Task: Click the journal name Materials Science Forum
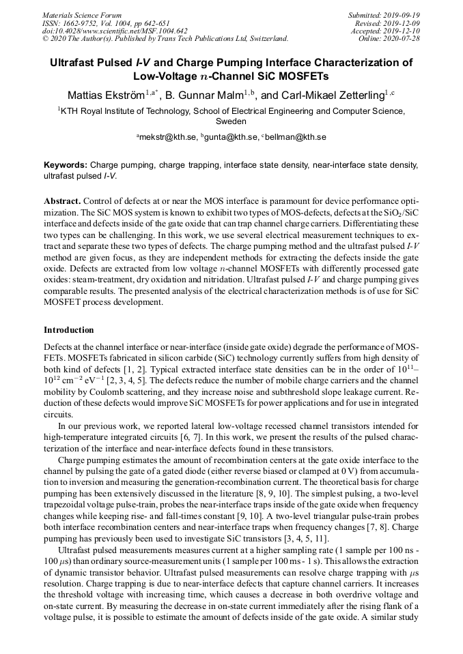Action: coord(82,15)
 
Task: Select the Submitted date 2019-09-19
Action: coord(402,15)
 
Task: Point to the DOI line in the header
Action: coord(115,31)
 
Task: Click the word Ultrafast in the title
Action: coord(76,63)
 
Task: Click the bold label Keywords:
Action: coord(66,166)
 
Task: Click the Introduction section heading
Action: coord(69,330)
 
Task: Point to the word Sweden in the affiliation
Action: coord(231,121)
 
